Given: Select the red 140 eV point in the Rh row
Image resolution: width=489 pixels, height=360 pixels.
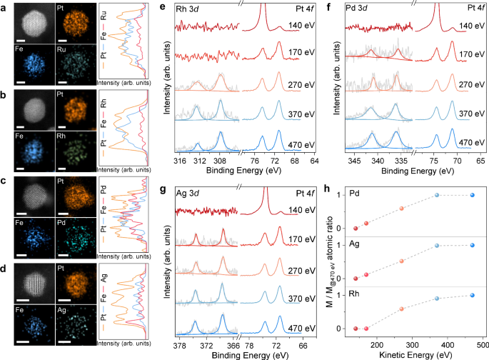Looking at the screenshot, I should (355, 329).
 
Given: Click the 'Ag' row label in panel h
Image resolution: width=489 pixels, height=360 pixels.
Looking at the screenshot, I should (354, 244).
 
